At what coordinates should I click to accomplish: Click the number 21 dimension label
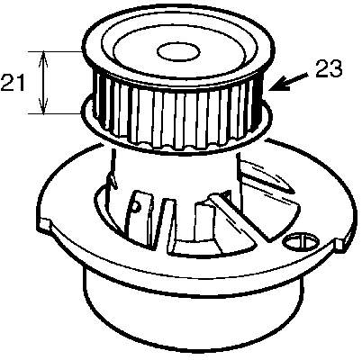[x=13, y=83]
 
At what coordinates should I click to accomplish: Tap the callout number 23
[x=329, y=68]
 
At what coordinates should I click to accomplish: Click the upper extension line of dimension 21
[x=55, y=51]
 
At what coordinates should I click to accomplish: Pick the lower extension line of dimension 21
[x=55, y=113]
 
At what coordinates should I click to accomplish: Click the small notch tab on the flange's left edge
[x=44, y=225]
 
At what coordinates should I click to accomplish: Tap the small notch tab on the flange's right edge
[x=339, y=244]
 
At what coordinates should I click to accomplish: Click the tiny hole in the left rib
[x=136, y=206]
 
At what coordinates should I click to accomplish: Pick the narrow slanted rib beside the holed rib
[x=164, y=223]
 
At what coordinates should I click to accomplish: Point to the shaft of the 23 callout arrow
[x=295, y=80]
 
